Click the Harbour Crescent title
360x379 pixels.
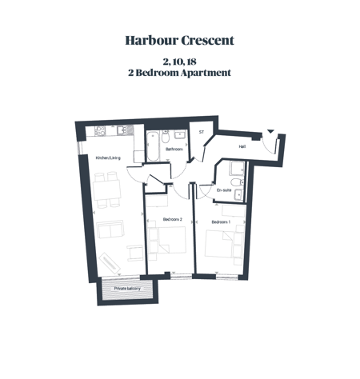180,41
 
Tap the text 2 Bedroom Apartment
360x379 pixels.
179,73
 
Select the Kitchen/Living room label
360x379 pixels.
108,158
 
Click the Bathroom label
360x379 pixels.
174,149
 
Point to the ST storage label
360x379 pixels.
202,132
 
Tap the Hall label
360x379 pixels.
242,146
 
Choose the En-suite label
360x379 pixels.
224,190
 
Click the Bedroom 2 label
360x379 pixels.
173,219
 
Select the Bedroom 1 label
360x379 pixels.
221,221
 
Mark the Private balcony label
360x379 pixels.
127,289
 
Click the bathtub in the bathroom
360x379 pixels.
153,146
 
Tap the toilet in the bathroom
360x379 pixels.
166,137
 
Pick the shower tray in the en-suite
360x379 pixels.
237,169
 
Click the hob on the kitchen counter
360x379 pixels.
100,130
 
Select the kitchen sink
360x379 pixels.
125,130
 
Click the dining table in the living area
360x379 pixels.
107,189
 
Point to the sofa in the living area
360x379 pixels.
110,229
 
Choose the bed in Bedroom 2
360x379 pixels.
172,240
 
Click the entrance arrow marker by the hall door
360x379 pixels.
270,131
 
